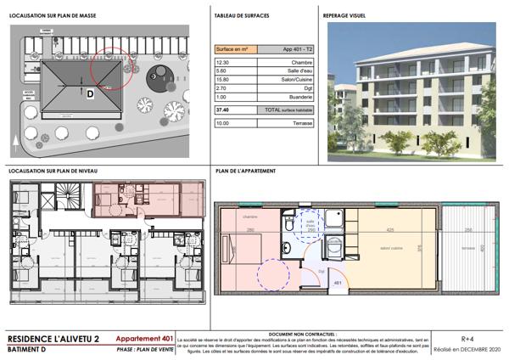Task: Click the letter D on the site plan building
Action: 88,94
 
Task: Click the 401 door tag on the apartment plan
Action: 337,282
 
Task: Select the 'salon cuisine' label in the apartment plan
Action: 390,248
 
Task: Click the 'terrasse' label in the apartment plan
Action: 468,248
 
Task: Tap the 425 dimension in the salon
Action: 390,230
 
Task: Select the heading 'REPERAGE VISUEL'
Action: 345,15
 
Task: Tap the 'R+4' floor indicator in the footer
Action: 467,339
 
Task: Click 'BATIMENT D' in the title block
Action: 29,350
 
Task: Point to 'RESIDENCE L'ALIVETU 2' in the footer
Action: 53,340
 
